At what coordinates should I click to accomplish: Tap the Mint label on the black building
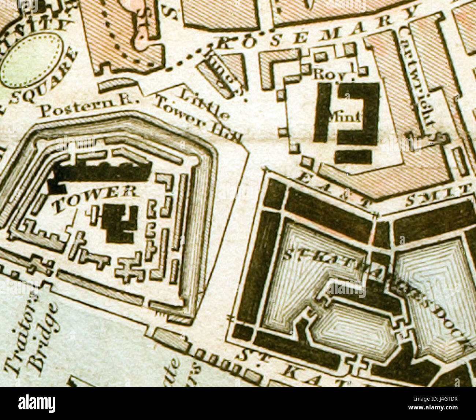352,117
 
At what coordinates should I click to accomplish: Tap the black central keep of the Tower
119,223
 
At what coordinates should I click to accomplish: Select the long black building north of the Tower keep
103,172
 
